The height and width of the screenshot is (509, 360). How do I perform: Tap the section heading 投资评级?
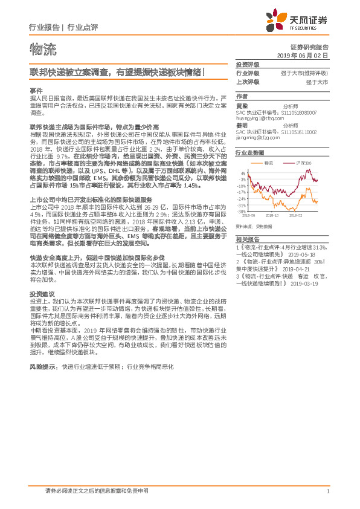coord(247,64)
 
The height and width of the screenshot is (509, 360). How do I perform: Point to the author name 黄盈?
coord(241,105)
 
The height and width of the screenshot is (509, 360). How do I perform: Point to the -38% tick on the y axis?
coord(241,212)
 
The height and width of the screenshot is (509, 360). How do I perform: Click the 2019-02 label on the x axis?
coord(295,215)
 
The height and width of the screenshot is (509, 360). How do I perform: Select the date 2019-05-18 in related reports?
coord(310,238)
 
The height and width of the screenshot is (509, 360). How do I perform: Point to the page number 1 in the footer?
coord(327,491)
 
